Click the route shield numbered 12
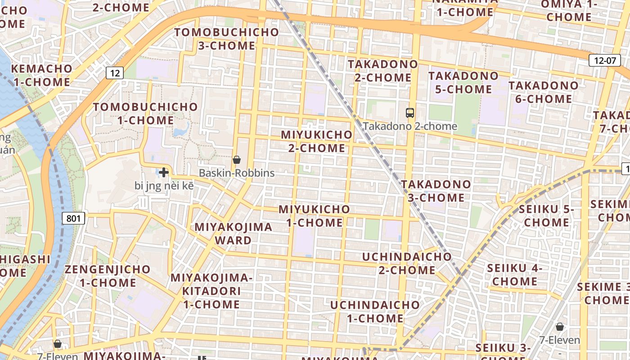tap(115, 72)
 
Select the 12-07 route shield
tap(604, 60)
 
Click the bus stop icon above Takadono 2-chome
tap(409, 113)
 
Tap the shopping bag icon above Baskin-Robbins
tap(236, 160)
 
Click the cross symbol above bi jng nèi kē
tap(164, 172)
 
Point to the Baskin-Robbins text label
tap(237, 173)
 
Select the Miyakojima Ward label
tap(233, 233)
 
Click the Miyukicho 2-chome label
tap(317, 141)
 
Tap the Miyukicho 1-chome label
tap(314, 216)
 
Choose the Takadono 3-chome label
tap(436, 191)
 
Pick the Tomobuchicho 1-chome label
tap(145, 113)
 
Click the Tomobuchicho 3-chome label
tap(227, 39)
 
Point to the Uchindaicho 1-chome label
tap(375, 311)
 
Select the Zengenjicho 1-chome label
tap(108, 276)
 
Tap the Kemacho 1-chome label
tap(41, 75)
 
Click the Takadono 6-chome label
tap(544, 92)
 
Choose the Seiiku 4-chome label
tap(515, 274)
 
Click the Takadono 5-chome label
tap(463, 82)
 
